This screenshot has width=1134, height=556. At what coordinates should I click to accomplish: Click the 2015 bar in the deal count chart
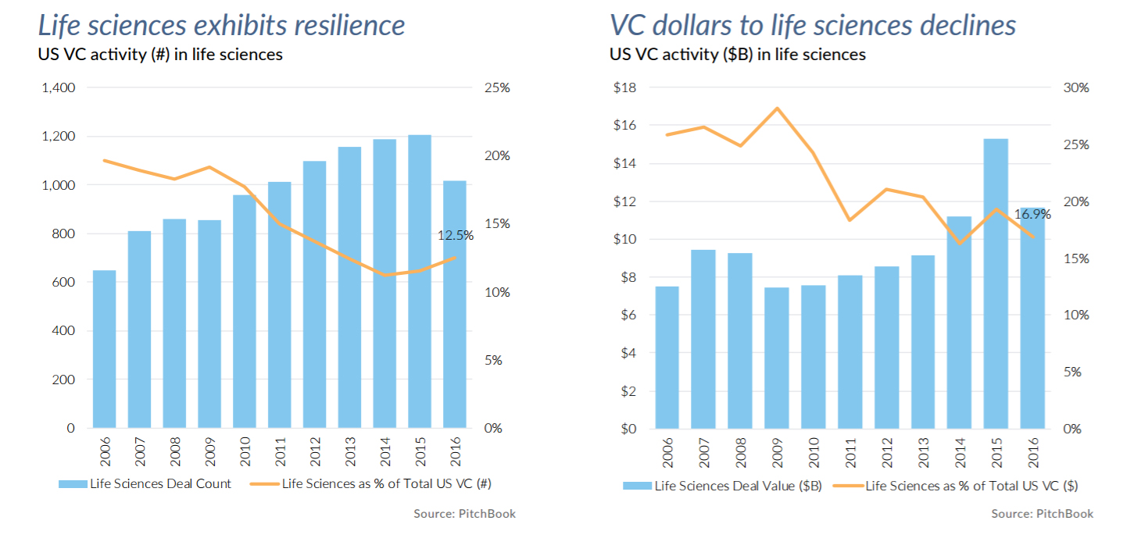click(x=420, y=281)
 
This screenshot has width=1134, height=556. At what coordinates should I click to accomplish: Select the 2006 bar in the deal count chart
click(x=104, y=349)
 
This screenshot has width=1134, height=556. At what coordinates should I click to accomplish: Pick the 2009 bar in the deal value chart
click(x=776, y=358)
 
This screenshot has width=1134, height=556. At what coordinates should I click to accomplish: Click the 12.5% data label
click(x=456, y=234)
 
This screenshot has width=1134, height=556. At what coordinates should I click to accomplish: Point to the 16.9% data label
click(x=1032, y=213)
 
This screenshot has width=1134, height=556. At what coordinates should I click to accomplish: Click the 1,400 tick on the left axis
click(x=59, y=87)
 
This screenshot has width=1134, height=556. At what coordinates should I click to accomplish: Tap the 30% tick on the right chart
click(x=1076, y=87)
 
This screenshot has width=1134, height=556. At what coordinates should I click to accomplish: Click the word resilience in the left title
click(x=349, y=25)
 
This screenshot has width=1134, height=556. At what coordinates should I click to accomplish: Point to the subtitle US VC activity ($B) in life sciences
click(x=738, y=55)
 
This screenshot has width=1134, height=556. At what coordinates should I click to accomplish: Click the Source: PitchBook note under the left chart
click(x=464, y=513)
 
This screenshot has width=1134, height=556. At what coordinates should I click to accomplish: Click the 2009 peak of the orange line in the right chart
click(x=776, y=108)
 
